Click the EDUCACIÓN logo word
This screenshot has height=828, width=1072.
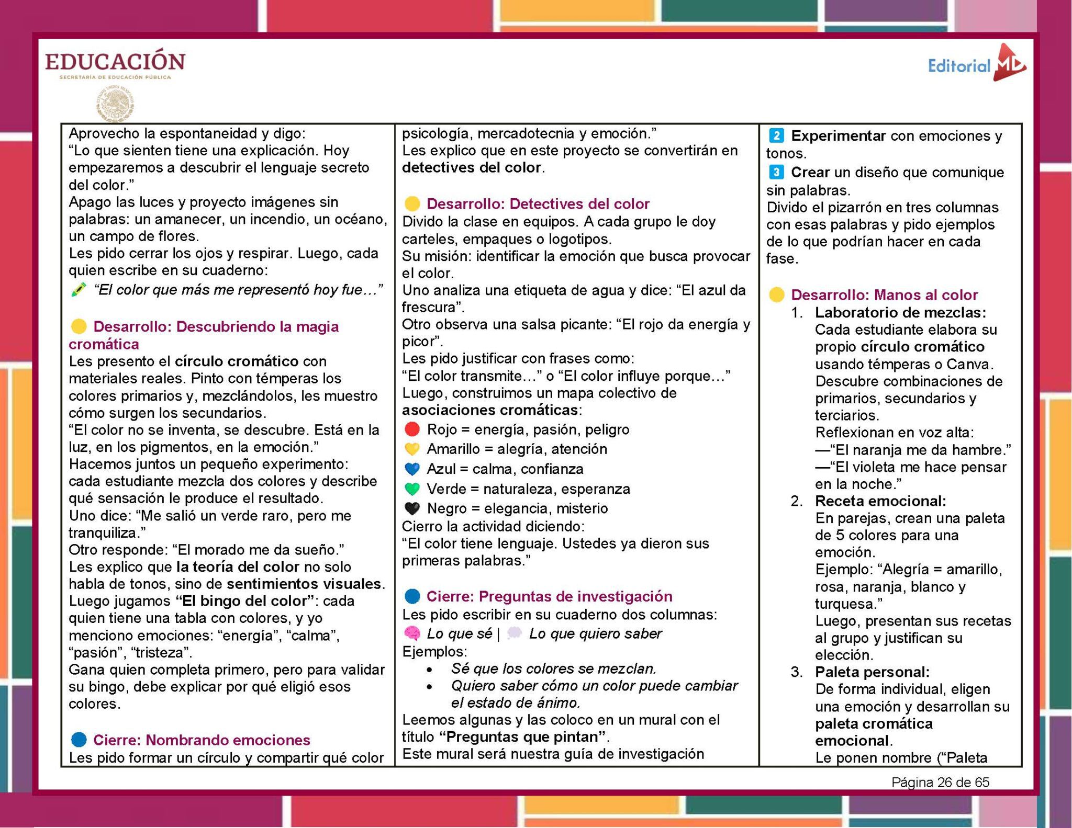[x=115, y=62]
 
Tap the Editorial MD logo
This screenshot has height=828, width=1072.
[x=977, y=65]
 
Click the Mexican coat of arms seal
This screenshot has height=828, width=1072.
[x=116, y=104]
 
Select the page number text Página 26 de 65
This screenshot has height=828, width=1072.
[x=940, y=782]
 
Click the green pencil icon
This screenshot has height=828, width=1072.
[x=79, y=290]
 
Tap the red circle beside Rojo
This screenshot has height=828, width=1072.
[x=412, y=429]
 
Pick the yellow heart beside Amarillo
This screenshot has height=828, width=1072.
[x=412, y=449]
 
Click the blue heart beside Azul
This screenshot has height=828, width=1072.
[x=412, y=469]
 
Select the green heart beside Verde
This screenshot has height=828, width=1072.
[x=412, y=489]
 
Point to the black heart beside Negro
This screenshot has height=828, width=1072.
[x=412, y=508]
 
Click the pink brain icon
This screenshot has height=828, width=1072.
[x=412, y=634]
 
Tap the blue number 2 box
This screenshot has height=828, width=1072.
[x=776, y=136]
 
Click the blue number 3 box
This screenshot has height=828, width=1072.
[x=776, y=172]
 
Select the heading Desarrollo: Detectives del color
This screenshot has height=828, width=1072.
[x=538, y=204]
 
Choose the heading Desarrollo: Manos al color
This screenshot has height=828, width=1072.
[x=884, y=295]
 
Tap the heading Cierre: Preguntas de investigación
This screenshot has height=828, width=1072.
[x=549, y=596]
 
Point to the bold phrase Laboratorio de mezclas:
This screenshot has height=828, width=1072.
[x=900, y=313]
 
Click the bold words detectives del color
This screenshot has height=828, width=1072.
[x=472, y=168]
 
